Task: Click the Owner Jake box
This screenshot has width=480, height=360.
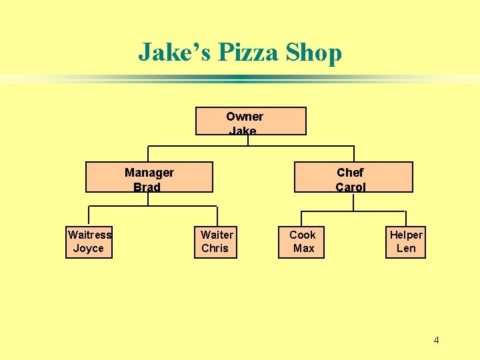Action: [x=250, y=121]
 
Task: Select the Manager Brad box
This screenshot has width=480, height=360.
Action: [x=149, y=177]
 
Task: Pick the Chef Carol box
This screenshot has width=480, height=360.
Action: [x=353, y=177]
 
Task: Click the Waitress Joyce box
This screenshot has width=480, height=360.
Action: [x=89, y=241]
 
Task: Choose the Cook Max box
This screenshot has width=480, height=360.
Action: [x=301, y=241]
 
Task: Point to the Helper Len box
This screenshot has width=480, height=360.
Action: [x=406, y=241]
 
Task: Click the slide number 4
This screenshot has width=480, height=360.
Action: [x=436, y=341]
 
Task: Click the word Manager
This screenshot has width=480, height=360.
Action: [x=149, y=173]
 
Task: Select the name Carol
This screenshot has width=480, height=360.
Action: [x=351, y=187]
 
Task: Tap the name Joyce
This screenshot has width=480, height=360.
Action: [x=89, y=249]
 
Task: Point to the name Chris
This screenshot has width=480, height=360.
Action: [x=215, y=249]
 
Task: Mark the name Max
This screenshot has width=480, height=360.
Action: [x=303, y=249]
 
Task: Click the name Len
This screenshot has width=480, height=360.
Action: [x=406, y=249]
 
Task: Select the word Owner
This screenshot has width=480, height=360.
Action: [x=245, y=117]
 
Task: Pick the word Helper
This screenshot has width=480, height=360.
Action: [x=406, y=235]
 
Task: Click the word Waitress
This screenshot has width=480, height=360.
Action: [x=89, y=235]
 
